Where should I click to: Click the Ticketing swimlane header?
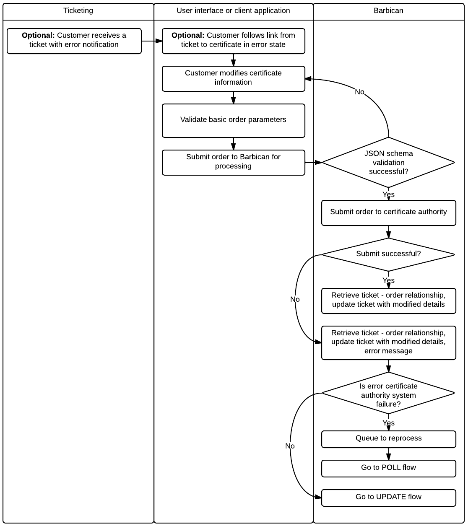[x=78, y=11]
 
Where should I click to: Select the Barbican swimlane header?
[x=388, y=11]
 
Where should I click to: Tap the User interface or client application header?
[x=233, y=11]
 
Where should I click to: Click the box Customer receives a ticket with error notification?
[x=74, y=41]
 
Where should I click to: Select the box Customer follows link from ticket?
[x=233, y=41]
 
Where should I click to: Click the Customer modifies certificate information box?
[x=233, y=78]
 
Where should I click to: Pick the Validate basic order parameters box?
[x=233, y=120]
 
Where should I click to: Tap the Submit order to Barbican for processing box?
[x=233, y=162]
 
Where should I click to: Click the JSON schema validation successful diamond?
[x=388, y=162]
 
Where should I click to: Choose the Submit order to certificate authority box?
[x=388, y=212]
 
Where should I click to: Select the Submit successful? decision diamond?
[x=388, y=254]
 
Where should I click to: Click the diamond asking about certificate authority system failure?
[x=388, y=394]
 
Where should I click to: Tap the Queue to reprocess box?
[x=388, y=438]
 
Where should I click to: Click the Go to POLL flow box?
[x=388, y=468]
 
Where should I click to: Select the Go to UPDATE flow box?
[x=388, y=497]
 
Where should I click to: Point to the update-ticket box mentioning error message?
[x=388, y=342]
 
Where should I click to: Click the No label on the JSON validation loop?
[x=360, y=92]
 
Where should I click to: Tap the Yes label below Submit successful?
[x=388, y=280]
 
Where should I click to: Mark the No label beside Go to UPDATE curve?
[x=290, y=446]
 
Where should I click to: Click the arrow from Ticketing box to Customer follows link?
[x=152, y=41]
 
